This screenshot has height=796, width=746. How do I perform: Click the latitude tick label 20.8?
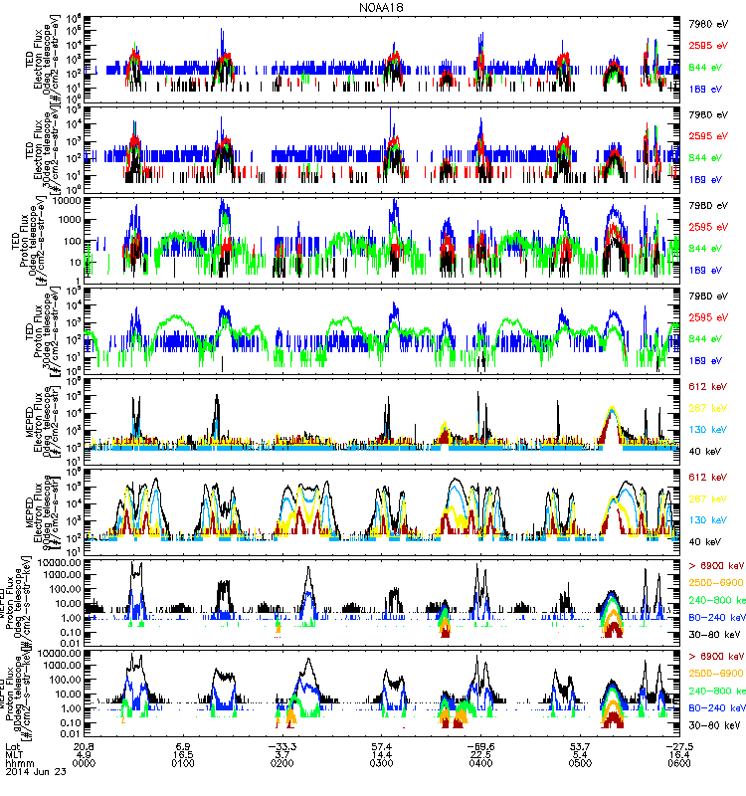85,745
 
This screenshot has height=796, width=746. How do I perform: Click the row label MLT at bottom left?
14,755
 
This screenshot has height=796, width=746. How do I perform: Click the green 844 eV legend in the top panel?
704,67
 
